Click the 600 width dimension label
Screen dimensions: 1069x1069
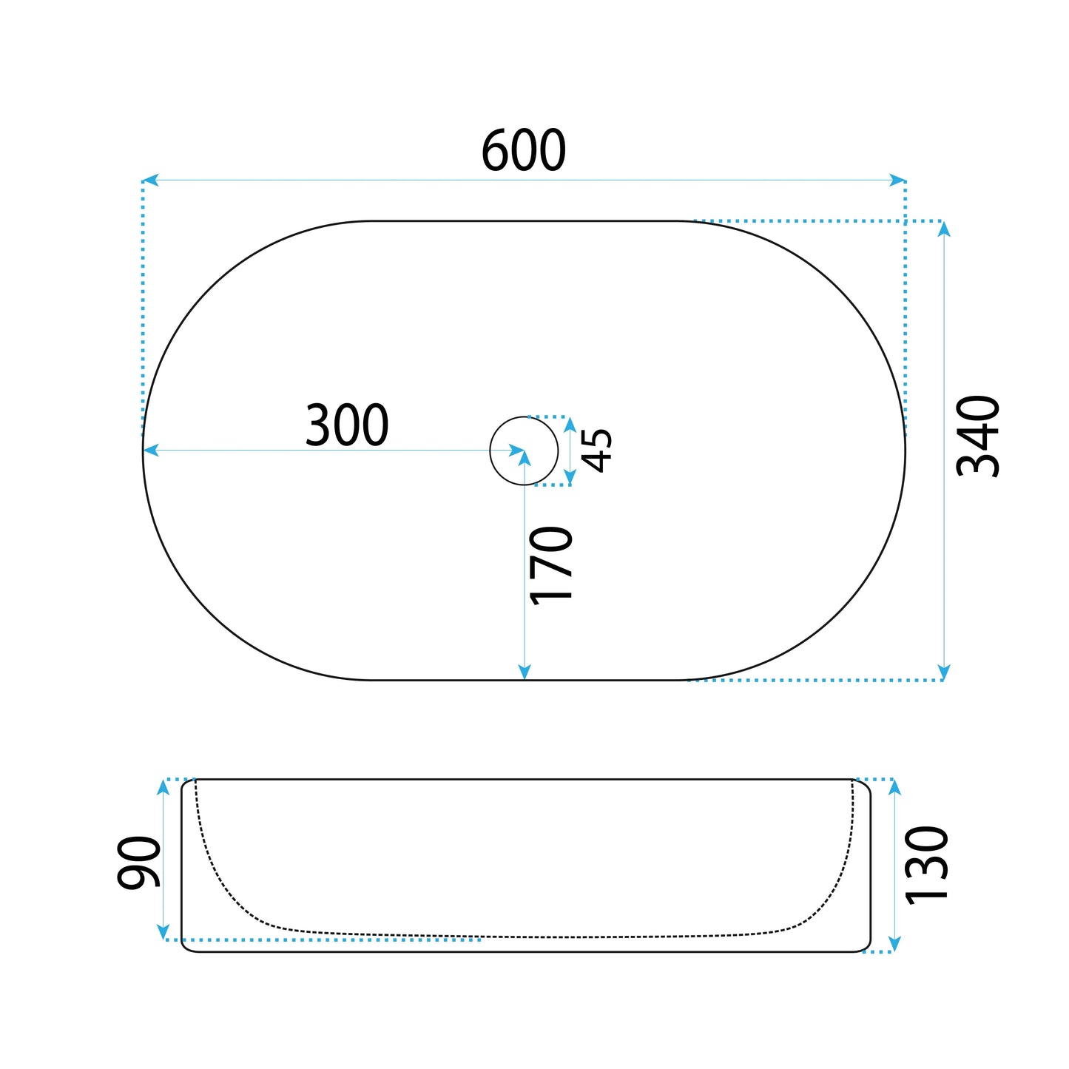523,149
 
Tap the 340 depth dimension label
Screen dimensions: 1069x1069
977,436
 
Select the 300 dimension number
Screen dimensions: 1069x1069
347,425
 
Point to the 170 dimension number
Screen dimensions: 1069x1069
550,565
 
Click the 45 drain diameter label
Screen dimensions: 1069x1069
596,451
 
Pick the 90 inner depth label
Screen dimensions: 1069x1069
138,863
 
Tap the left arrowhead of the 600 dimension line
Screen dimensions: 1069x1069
149,181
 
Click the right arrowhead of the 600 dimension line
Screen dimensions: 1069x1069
897,181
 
